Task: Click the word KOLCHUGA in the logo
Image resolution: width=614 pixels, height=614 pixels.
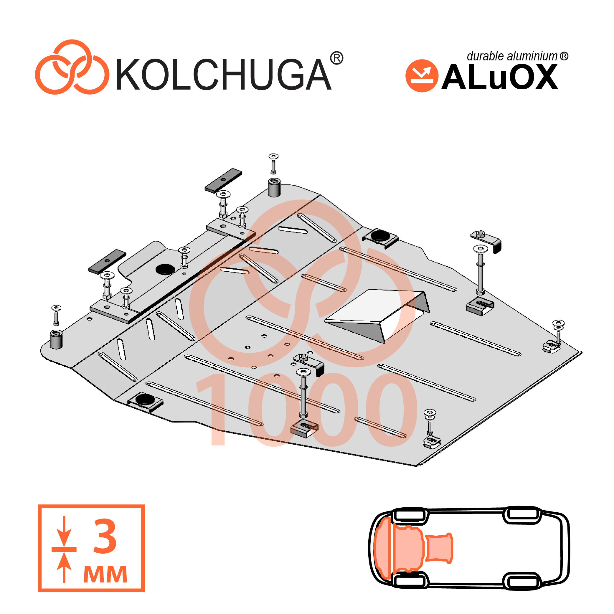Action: (224, 74)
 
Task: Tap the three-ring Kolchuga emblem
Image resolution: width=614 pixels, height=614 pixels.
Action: (72, 67)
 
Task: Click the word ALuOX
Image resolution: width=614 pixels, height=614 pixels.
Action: (500, 77)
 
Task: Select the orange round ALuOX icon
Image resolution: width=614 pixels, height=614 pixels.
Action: (422, 76)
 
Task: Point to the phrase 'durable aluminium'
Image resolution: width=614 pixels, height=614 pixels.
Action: (512, 56)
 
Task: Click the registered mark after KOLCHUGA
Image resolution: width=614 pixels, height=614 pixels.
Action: (336, 58)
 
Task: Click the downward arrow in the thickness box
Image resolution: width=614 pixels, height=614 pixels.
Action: (64, 531)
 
